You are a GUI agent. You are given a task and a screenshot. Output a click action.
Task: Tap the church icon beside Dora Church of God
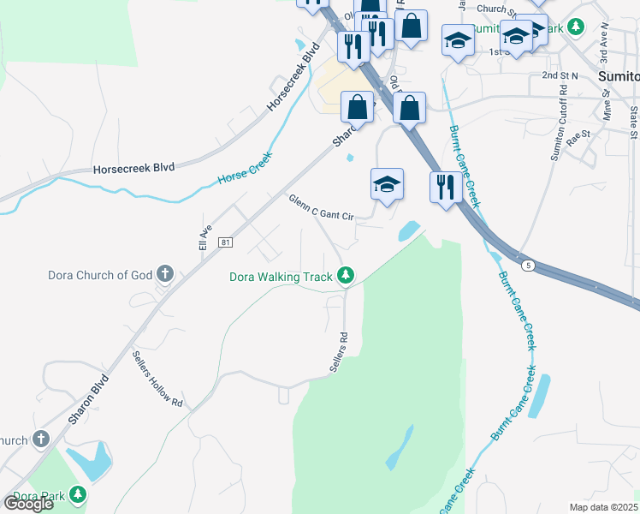tap(165, 275)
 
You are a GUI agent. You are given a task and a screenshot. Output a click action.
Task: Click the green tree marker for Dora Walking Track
tap(346, 275)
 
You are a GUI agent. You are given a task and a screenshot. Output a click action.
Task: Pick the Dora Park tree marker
tap(78, 495)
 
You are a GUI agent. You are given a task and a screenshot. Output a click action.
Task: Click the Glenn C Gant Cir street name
tap(321, 206)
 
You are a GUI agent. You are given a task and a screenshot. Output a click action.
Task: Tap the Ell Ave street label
tap(204, 238)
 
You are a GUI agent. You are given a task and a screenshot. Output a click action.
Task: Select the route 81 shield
tap(225, 243)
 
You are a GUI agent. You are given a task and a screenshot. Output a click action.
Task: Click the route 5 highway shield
tap(530, 266)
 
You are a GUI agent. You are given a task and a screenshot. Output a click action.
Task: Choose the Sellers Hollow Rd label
tap(158, 377)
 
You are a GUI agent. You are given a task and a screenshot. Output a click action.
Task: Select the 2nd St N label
tap(560, 75)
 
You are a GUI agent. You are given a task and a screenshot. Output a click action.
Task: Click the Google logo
tap(29, 503)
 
